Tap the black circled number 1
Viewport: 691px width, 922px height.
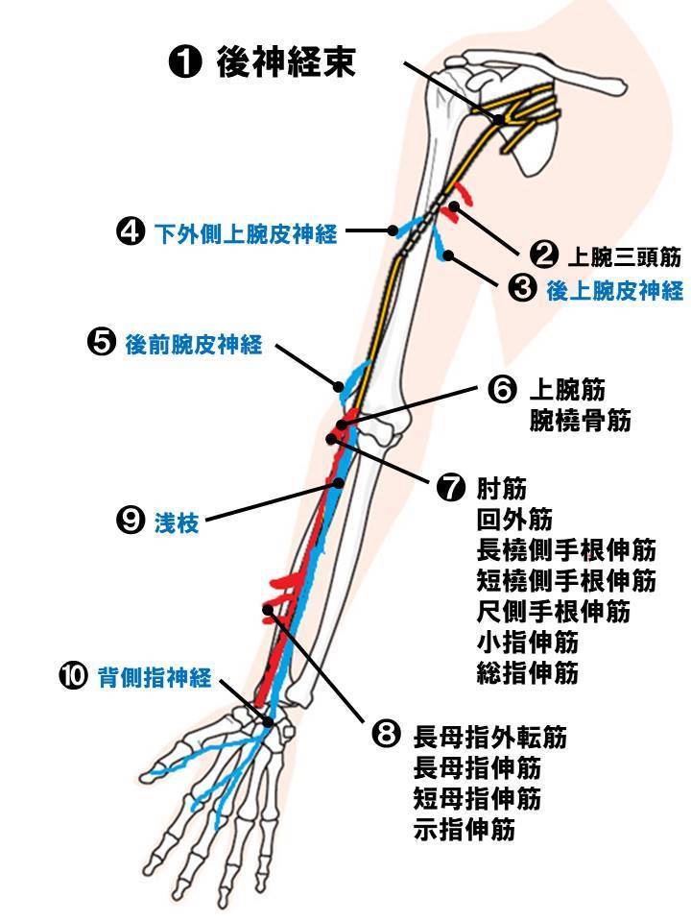tap(184, 63)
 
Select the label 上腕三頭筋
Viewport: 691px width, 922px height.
tap(624, 256)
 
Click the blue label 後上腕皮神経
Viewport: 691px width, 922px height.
tap(615, 290)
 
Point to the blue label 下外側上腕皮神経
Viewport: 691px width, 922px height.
tap(246, 232)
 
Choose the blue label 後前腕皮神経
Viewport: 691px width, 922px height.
tap(194, 345)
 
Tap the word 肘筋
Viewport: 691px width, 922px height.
tap(501, 489)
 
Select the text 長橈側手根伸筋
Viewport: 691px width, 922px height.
tap(565, 550)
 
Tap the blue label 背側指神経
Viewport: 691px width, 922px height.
tap(154, 678)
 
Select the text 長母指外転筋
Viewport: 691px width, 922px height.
tap(489, 738)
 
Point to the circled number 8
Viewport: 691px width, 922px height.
tap(385, 736)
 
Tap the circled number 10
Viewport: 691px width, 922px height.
tap(74, 677)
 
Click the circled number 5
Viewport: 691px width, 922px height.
tap(101, 344)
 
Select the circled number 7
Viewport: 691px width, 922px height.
tap(450, 488)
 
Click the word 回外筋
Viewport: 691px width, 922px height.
tap(514, 520)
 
